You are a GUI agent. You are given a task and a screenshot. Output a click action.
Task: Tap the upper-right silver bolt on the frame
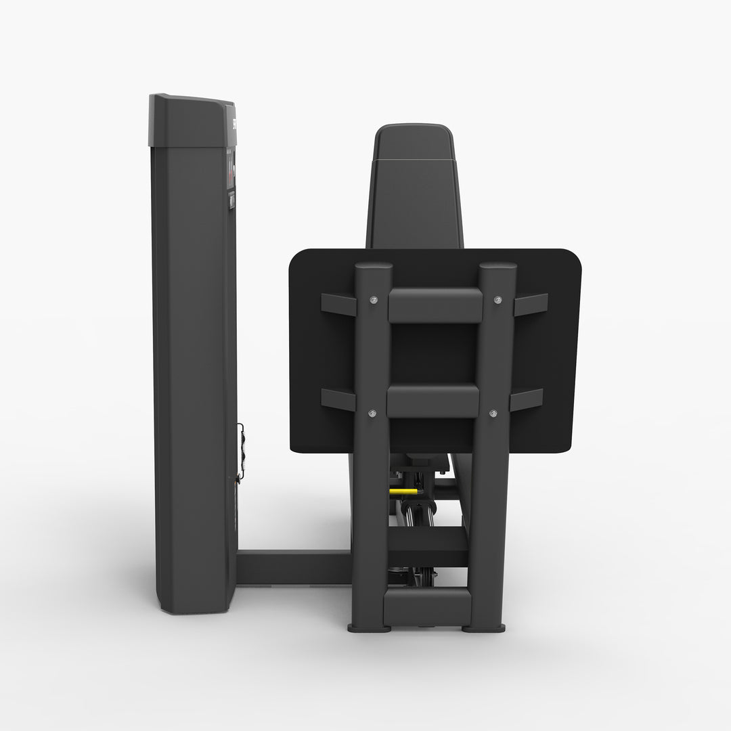[x=498, y=300]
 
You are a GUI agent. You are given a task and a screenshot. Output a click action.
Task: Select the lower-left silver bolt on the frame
[x=372, y=412]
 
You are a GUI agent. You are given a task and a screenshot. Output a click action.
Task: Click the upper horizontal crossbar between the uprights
[x=435, y=305]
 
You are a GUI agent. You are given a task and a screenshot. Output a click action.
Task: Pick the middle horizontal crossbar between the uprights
[x=433, y=401]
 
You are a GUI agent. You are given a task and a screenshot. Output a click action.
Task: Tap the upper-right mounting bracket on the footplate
[x=531, y=305]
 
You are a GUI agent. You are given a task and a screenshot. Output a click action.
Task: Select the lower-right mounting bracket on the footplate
[x=527, y=399]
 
